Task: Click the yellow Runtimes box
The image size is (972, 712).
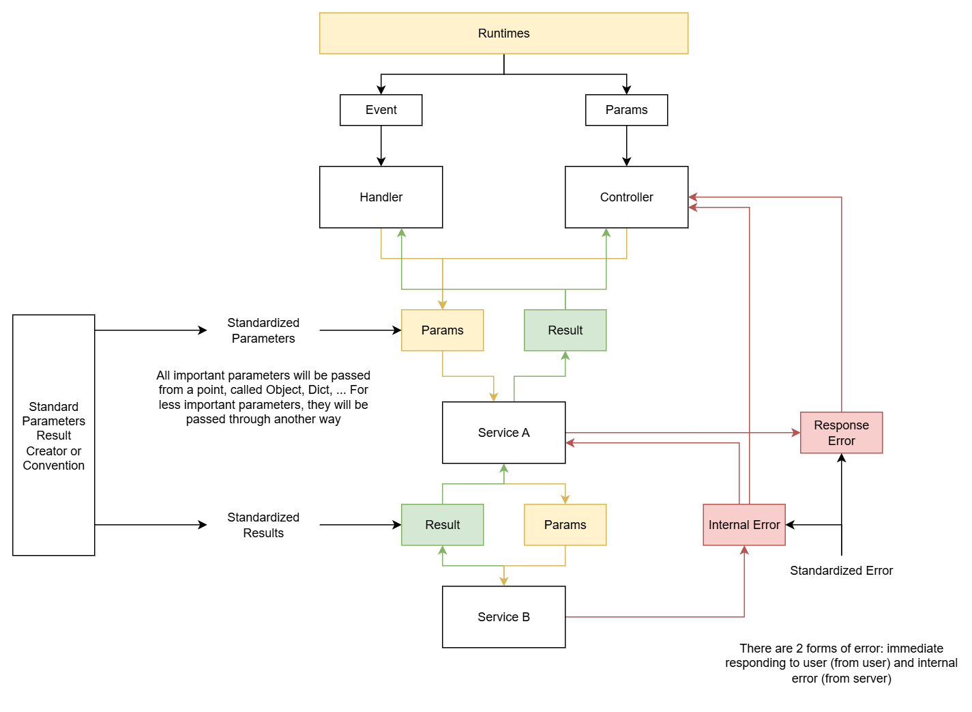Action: click(503, 33)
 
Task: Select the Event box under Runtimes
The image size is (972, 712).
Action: click(381, 110)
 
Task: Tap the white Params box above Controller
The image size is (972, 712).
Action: click(626, 110)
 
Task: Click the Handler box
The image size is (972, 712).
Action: click(381, 197)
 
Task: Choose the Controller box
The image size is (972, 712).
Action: click(626, 197)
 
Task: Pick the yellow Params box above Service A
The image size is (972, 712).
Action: click(442, 330)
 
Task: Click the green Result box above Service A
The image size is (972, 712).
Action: click(565, 330)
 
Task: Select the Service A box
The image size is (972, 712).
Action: click(503, 433)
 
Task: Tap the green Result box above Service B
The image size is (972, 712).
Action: click(442, 525)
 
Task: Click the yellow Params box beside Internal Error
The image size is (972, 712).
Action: click(565, 525)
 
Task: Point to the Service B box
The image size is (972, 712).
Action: click(503, 617)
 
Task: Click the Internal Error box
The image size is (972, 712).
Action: click(743, 525)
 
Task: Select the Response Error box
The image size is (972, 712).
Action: click(841, 433)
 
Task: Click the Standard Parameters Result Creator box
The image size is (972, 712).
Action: click(53, 436)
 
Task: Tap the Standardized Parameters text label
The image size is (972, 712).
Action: click(263, 330)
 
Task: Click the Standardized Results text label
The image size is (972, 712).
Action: click(263, 525)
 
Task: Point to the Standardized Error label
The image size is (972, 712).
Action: click(841, 571)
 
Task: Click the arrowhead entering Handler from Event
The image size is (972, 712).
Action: click(381, 162)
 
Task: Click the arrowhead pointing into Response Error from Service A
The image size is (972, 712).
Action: click(795, 433)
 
